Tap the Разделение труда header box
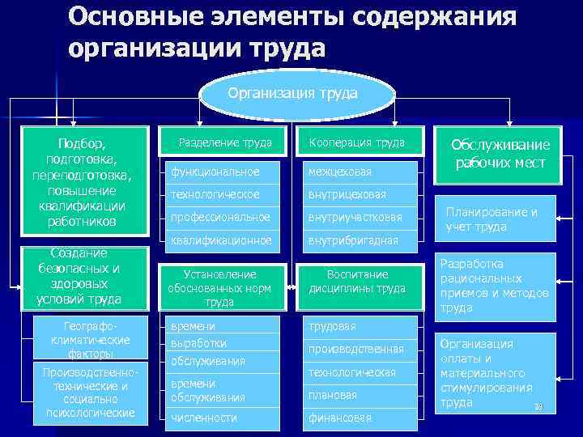[224, 143]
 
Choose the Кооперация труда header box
[357, 143]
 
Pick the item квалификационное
[220, 240]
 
